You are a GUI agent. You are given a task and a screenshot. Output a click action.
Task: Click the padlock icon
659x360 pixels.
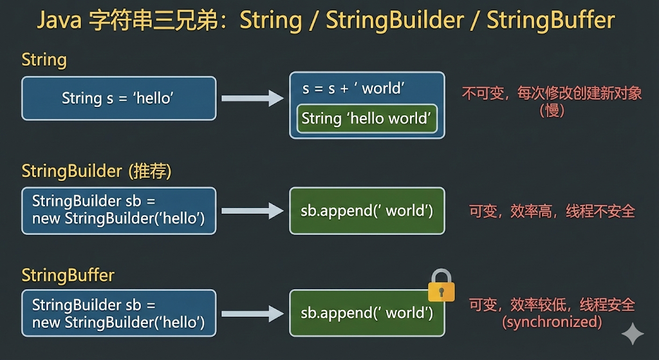click(x=441, y=286)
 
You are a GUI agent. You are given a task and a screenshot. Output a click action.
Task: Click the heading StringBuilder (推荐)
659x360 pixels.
click(x=97, y=171)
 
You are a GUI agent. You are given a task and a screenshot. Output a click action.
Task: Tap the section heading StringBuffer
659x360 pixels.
click(x=68, y=276)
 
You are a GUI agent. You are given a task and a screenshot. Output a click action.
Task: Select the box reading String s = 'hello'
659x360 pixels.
click(x=118, y=99)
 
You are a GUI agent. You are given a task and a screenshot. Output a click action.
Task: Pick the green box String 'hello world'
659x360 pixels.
click(x=367, y=118)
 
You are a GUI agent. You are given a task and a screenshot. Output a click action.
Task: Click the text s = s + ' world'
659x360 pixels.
click(x=353, y=88)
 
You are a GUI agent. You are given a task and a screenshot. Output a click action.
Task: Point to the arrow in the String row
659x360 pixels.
click(x=252, y=99)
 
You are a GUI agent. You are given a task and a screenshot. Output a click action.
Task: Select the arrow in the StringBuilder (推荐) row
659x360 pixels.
click(x=252, y=211)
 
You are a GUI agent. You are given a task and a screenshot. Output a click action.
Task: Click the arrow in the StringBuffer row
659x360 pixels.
click(x=252, y=314)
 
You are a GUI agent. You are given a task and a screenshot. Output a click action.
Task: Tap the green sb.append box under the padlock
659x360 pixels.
click(x=367, y=314)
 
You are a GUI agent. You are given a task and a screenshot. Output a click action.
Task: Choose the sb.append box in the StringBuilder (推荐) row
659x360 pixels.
click(x=367, y=211)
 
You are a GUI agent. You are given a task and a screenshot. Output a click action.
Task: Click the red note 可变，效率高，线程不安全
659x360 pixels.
click(x=552, y=211)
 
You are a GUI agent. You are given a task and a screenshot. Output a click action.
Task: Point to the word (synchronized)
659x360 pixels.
click(x=552, y=321)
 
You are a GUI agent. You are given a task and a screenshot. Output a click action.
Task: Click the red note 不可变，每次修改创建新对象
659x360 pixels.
click(x=552, y=93)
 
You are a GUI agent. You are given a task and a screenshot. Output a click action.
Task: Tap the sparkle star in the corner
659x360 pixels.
click(x=633, y=334)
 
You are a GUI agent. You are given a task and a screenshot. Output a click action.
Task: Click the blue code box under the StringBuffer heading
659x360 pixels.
click(x=118, y=314)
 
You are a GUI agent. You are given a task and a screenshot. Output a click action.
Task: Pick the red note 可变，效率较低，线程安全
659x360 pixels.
click(x=552, y=305)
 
